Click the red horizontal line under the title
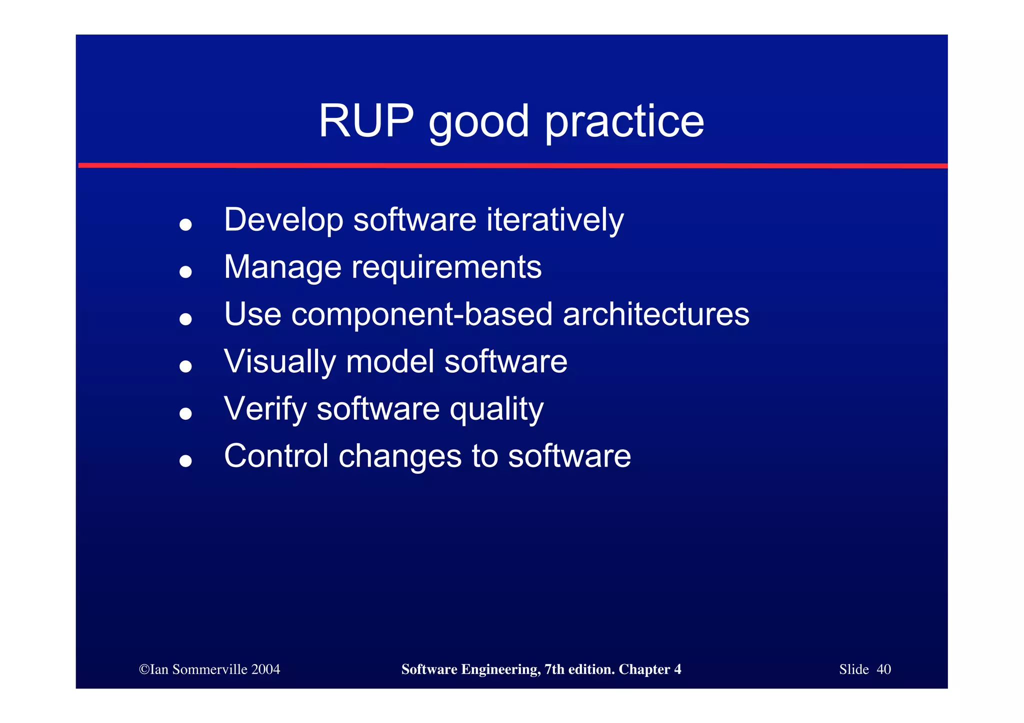click(512, 165)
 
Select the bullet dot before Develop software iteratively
click(185, 224)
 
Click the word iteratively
click(555, 220)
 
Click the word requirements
click(446, 268)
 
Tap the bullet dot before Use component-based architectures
click(185, 319)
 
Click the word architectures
click(656, 314)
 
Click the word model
click(389, 362)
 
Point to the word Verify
click(265, 410)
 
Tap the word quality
click(496, 410)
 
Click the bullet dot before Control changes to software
click(185, 461)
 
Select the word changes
click(400, 456)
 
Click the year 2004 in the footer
click(265, 670)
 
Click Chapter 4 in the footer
click(649, 670)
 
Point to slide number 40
click(883, 670)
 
